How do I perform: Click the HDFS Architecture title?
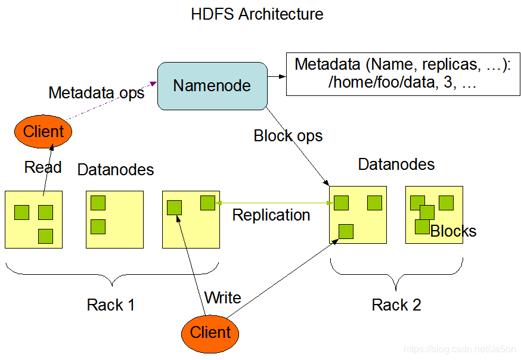257,14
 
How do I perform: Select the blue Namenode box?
212,86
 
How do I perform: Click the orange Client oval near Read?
43,131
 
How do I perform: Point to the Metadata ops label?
96,93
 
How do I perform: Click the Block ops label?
288,136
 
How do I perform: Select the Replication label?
271,215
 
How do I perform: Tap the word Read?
43,167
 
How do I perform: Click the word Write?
222,297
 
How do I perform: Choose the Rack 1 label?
111,305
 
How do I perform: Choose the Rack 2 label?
396,305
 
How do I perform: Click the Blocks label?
453,231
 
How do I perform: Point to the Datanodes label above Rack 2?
396,164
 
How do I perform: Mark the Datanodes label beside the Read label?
116,170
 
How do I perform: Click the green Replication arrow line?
274,203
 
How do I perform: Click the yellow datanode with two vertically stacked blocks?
115,219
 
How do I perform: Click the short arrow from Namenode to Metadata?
275,76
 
